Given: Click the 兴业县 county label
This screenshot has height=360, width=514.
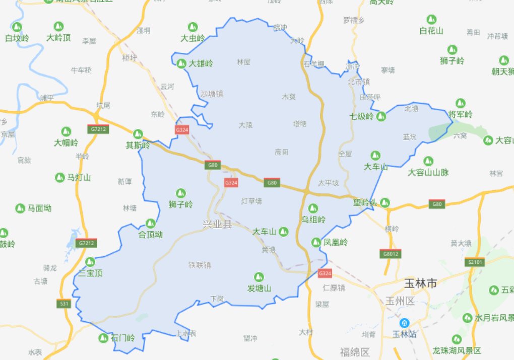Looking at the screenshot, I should pyautogui.click(x=217, y=225).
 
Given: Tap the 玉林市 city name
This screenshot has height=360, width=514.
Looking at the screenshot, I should pyautogui.click(x=420, y=284).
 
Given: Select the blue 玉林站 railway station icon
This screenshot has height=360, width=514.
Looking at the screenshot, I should pyautogui.click(x=404, y=322).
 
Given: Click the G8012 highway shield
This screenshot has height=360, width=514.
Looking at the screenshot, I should pyautogui.click(x=391, y=254).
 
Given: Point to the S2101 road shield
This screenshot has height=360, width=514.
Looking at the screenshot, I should pyautogui.click(x=475, y=262).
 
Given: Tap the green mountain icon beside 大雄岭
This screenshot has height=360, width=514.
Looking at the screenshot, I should pyautogui.click(x=181, y=63).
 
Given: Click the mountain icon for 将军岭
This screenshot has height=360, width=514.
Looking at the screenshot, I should pyautogui.click(x=460, y=103).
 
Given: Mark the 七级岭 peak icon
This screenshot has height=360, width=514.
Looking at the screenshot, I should pyautogui.click(x=381, y=116).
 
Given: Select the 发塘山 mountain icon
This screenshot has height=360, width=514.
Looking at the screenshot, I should pyautogui.click(x=259, y=276).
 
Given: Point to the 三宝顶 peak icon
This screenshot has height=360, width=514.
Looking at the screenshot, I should pyautogui.click(x=90, y=262).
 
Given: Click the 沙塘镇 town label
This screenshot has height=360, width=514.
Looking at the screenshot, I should pyautogui.click(x=212, y=94).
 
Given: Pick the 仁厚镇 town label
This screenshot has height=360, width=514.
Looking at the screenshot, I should pyautogui.click(x=334, y=288).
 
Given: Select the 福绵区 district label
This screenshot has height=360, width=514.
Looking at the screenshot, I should pyautogui.click(x=355, y=351).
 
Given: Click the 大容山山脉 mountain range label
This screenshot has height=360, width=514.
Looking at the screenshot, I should pyautogui.click(x=428, y=173).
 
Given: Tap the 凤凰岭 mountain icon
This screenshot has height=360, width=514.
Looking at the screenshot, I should pyautogui.click(x=316, y=242).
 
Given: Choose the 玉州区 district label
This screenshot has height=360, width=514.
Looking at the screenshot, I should pyautogui.click(x=399, y=302).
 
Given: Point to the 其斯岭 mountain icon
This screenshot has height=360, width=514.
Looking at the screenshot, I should pyautogui.click(x=138, y=134).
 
